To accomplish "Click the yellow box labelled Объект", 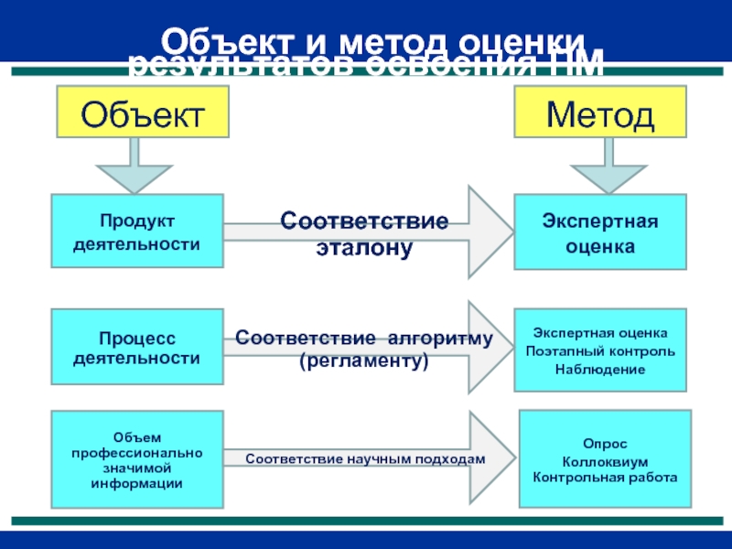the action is click(142, 113).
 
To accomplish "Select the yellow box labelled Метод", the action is click(600, 113).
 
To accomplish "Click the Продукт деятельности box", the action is click(137, 231).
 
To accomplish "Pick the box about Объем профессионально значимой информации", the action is click(137, 460).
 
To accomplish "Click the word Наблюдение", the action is click(600, 369).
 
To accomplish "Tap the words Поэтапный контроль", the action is click(600, 351).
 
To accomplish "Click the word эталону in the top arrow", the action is click(364, 247).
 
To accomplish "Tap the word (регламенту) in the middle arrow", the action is click(364, 361).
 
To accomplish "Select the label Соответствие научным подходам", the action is click(364, 458).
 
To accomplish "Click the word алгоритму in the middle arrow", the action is click(439, 339).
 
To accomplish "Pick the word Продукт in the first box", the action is click(137, 222).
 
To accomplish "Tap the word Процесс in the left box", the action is click(137, 338).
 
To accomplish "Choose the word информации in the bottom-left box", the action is click(137, 482).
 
